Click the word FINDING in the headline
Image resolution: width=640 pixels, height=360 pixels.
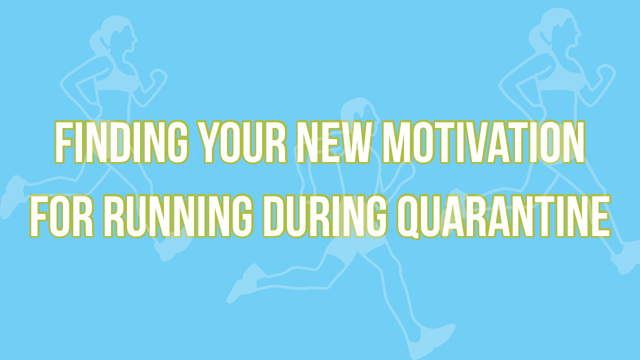121,142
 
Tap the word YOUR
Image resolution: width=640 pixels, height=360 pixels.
243,142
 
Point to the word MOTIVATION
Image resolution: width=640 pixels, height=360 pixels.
483,142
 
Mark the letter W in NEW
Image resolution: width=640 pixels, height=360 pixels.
355,142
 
